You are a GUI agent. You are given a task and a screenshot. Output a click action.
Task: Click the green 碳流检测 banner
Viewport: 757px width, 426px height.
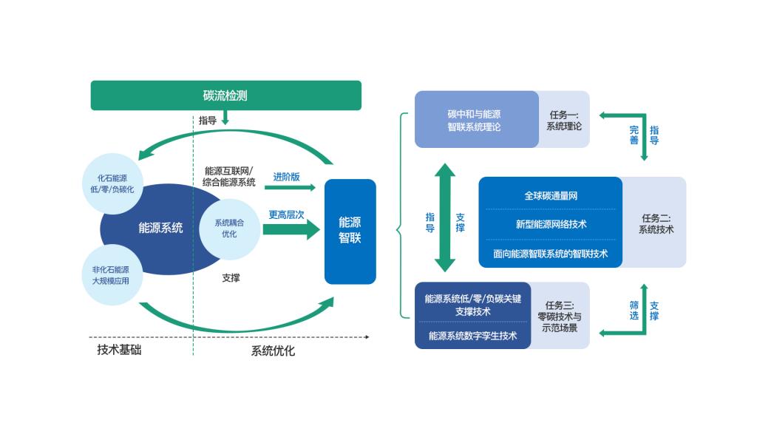tap(225, 95)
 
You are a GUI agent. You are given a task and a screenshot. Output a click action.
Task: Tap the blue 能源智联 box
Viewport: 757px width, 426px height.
tap(350, 231)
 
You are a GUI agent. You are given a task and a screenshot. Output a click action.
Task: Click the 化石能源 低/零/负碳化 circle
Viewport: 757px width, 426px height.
tap(113, 183)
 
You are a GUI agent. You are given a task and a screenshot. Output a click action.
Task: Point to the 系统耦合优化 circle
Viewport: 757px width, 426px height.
tap(229, 228)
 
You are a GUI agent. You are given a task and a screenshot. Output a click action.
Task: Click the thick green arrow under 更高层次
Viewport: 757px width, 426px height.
tap(291, 229)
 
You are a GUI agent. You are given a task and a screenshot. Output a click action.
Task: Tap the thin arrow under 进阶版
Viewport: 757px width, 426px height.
tap(289, 187)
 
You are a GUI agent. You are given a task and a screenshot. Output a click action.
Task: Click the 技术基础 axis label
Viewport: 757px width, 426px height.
tap(119, 350)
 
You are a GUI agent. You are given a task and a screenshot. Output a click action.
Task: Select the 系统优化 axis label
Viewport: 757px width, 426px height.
tap(273, 351)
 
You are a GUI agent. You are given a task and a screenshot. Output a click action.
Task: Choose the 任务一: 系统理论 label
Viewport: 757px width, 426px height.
tap(564, 121)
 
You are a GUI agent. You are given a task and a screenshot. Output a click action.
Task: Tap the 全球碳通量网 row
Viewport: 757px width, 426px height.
tap(550, 196)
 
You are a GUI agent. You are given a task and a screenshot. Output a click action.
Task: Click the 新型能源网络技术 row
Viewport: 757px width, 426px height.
tap(550, 224)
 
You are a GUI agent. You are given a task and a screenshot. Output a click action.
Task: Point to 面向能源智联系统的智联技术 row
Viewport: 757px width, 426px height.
tap(550, 254)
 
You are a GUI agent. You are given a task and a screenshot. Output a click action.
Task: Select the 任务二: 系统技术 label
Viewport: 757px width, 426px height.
tap(655, 223)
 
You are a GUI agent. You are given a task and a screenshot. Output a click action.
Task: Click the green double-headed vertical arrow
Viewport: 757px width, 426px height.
tap(445, 217)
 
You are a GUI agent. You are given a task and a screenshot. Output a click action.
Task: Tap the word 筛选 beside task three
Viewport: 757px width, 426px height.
tap(634, 311)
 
